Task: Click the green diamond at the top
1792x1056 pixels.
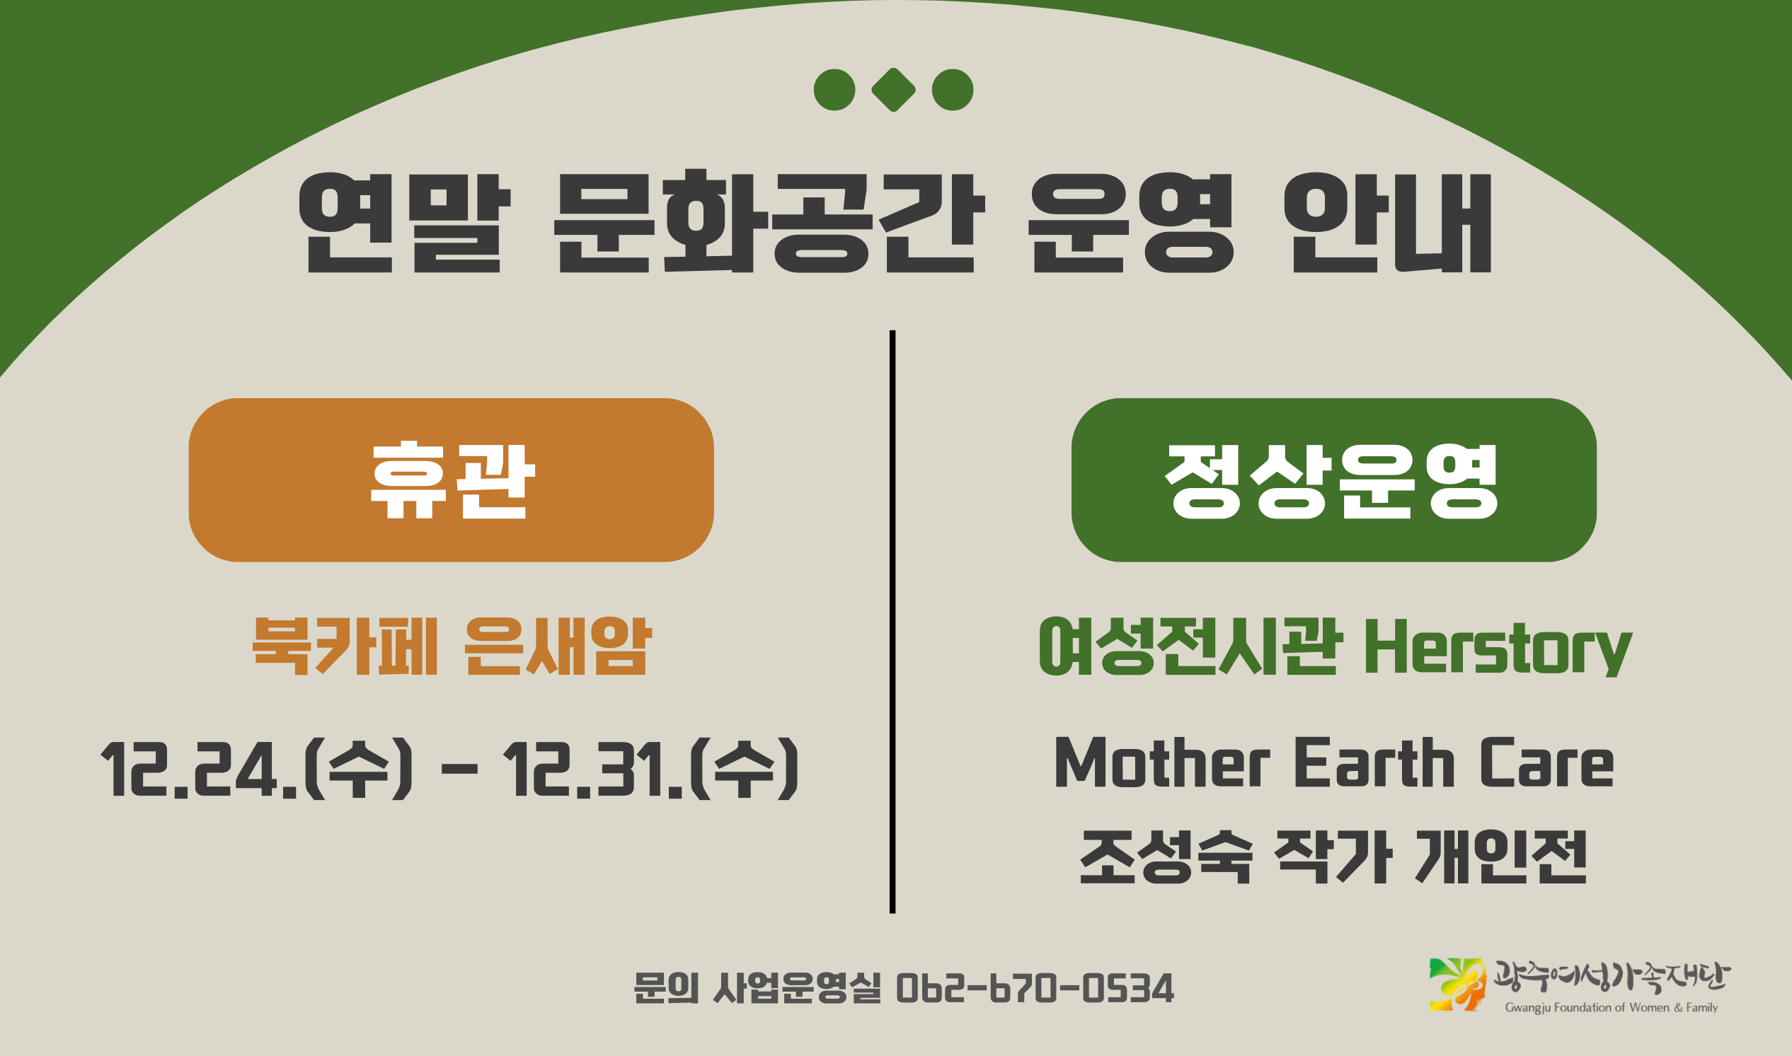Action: pyautogui.click(x=893, y=90)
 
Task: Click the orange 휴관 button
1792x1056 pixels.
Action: pyautogui.click(x=451, y=480)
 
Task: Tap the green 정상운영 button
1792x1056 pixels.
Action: pyautogui.click(x=1333, y=480)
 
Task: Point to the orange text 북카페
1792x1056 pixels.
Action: pyautogui.click(x=345, y=646)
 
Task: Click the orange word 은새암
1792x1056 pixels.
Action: pyautogui.click(x=558, y=646)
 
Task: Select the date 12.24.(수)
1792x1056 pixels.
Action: pyautogui.click(x=256, y=770)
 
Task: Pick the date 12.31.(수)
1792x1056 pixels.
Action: pyautogui.click(x=651, y=770)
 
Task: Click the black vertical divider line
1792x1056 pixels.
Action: pyautogui.click(x=892, y=619)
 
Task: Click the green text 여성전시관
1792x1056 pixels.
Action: pyautogui.click(x=1190, y=646)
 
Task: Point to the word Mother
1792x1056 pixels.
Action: pyautogui.click(x=1162, y=764)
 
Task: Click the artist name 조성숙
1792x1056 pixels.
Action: pyautogui.click(x=1166, y=857)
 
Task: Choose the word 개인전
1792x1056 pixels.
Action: pyautogui.click(x=1502, y=857)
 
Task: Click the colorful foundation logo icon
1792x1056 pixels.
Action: pyautogui.click(x=1457, y=984)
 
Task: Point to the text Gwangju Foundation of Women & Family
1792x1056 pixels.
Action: pyautogui.click(x=1611, y=1008)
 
